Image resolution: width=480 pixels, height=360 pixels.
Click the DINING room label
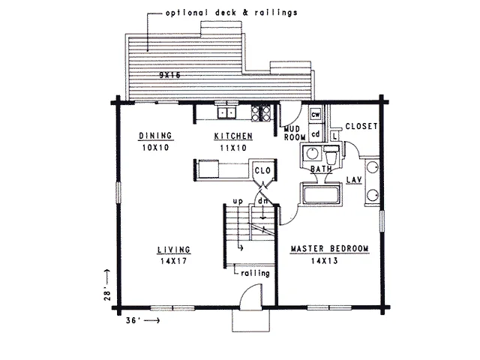coord(155,135)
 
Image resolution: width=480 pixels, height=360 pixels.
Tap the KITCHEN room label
coord(233,136)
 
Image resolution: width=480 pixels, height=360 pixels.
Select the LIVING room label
coord(174,250)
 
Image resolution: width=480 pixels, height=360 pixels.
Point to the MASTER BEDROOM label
coord(329,248)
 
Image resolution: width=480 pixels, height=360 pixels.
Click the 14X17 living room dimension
coord(173,261)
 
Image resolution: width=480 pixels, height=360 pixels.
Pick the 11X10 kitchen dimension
coord(233,148)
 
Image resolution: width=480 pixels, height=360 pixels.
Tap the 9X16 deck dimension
coord(170,75)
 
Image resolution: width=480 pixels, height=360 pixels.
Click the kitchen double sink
coord(226,113)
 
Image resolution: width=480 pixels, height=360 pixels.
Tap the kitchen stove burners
coord(261,113)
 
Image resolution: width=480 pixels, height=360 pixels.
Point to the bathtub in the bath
coord(322,194)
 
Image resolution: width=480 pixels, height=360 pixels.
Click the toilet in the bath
coord(331,155)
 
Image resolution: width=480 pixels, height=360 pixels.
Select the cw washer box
coord(315,115)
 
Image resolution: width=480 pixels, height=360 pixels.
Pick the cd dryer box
coord(315,133)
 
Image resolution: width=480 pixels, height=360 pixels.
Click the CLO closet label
coord(262,170)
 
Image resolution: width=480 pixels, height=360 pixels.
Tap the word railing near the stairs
coord(255,273)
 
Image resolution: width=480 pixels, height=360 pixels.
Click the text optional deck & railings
coord(232,13)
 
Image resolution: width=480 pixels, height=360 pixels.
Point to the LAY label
coord(354,180)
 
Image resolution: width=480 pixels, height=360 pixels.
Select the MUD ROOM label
coord(295,133)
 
